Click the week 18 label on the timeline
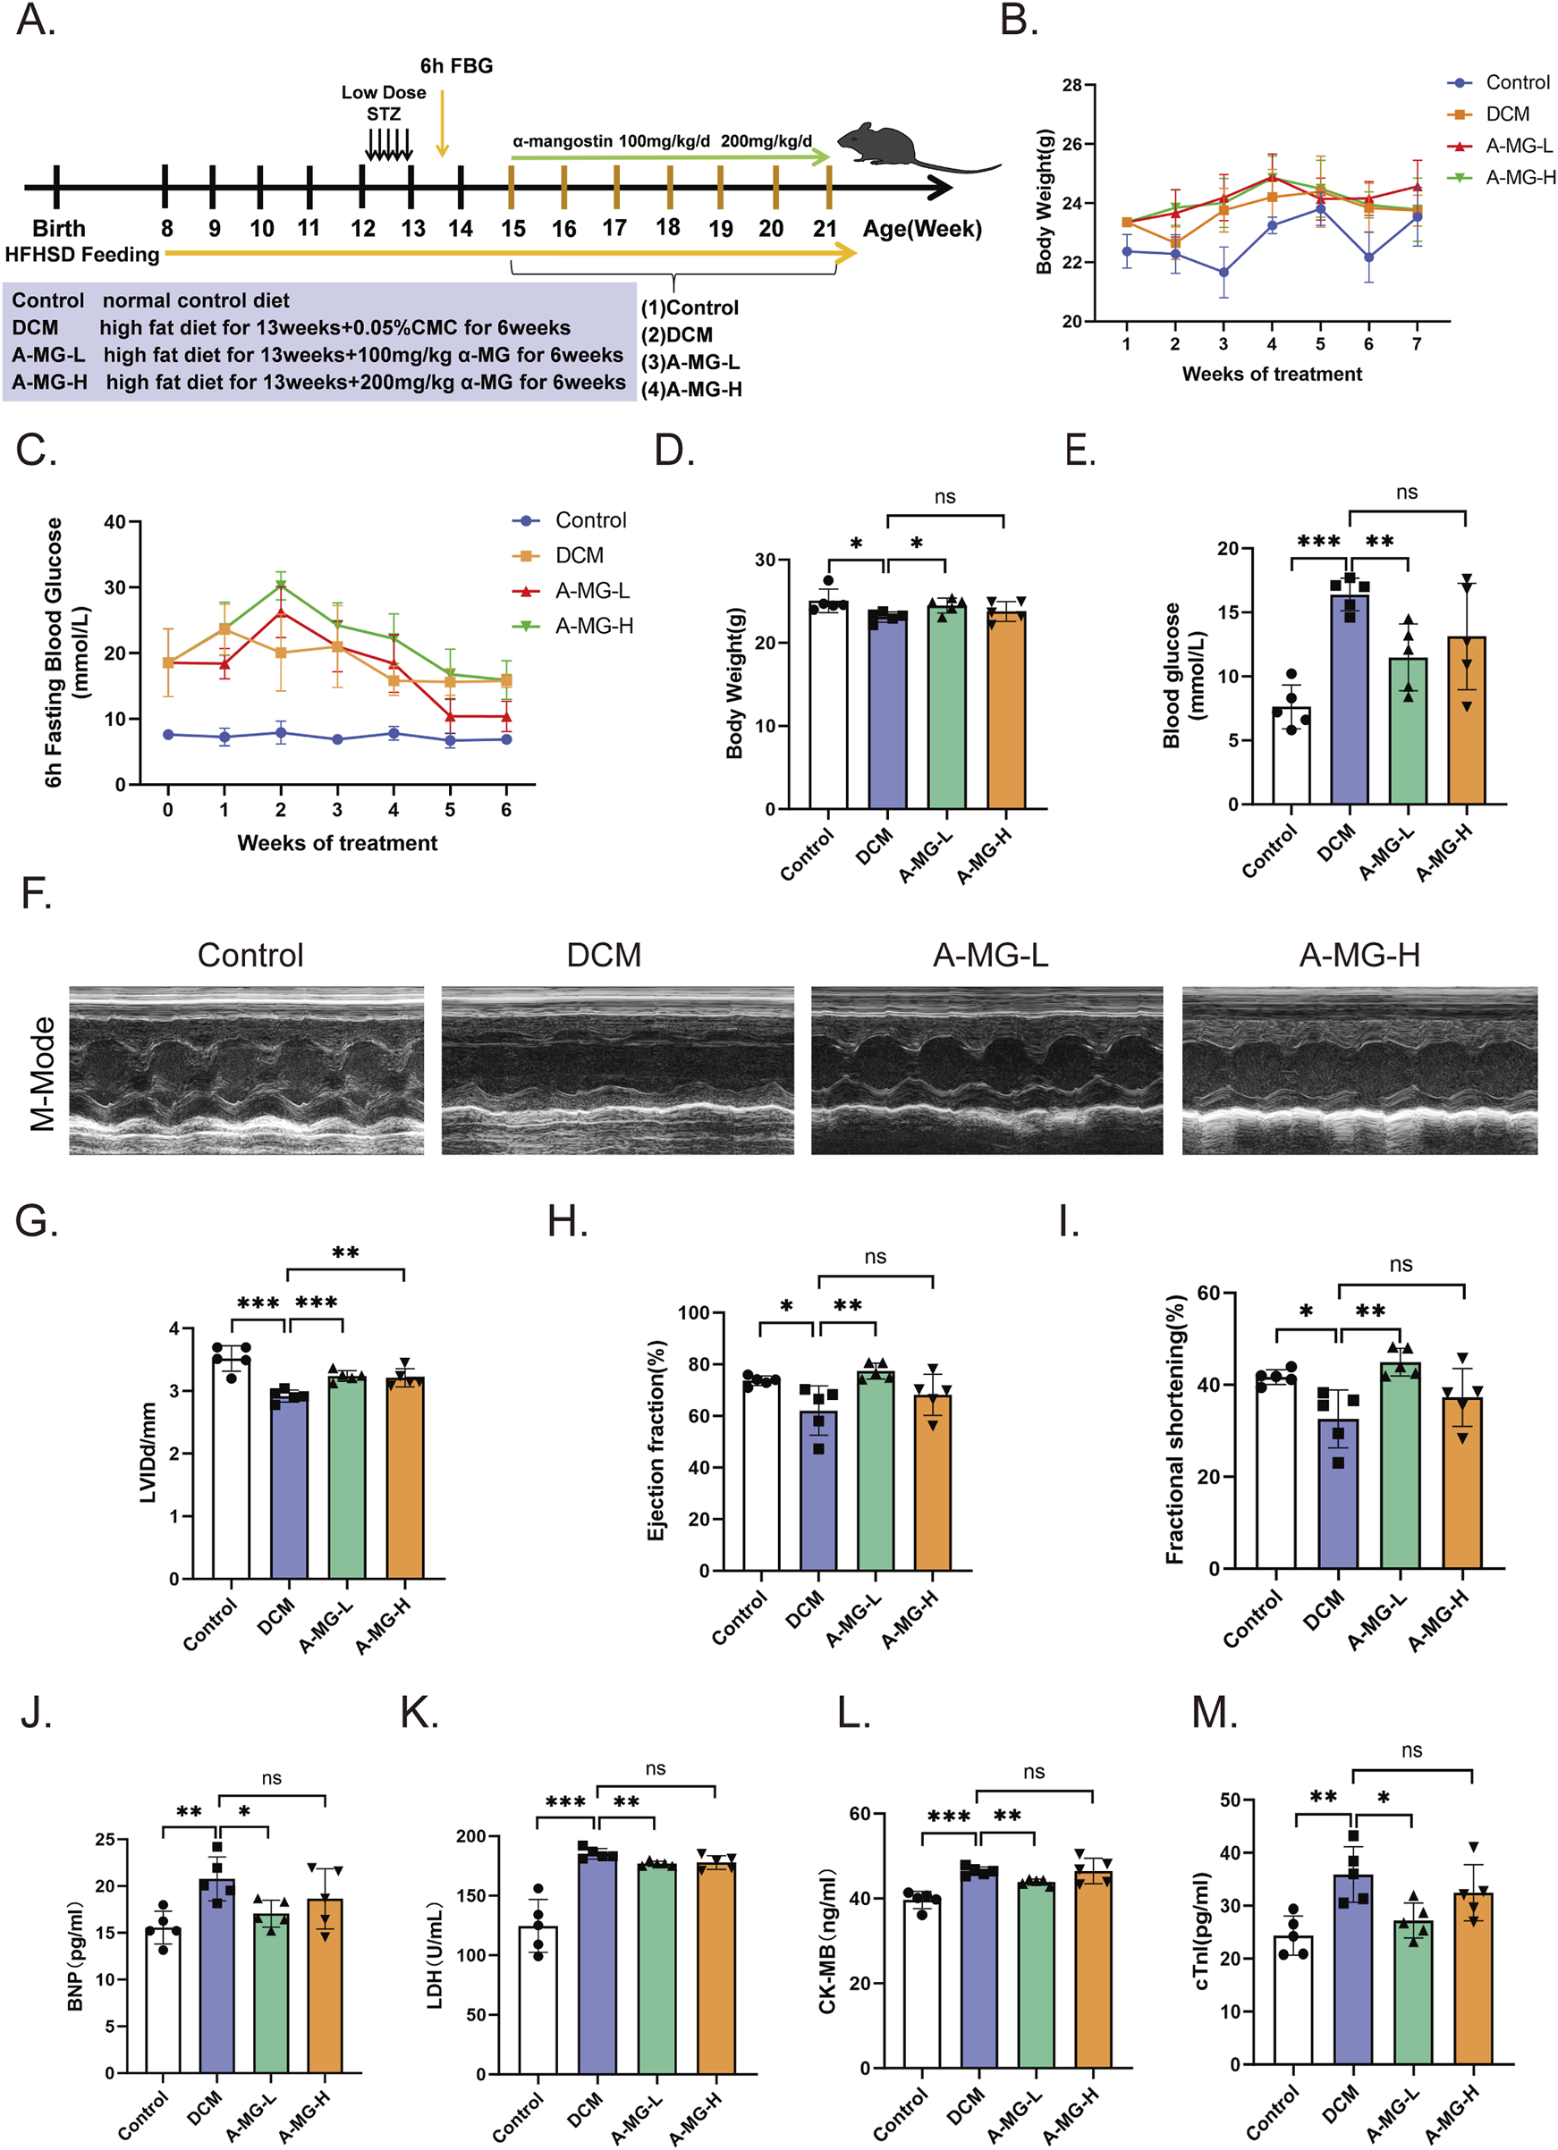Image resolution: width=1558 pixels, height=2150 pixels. [x=667, y=226]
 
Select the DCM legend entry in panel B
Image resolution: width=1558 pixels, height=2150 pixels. [x=1506, y=114]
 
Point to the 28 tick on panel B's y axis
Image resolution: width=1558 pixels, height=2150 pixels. [x=1071, y=85]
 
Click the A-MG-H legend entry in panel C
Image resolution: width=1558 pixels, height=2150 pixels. [x=594, y=626]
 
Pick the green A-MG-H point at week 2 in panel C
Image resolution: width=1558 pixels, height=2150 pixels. [x=281, y=585]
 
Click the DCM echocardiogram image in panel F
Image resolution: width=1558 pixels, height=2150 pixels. [x=617, y=1070]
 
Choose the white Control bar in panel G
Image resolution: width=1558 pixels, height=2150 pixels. [x=232, y=1469]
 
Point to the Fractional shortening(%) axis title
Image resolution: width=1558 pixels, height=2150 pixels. [x=1175, y=1430]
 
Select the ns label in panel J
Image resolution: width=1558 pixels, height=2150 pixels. [x=271, y=1778]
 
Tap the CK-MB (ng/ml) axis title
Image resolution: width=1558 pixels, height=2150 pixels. [x=827, y=1942]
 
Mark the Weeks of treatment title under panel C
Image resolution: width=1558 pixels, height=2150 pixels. [x=336, y=843]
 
